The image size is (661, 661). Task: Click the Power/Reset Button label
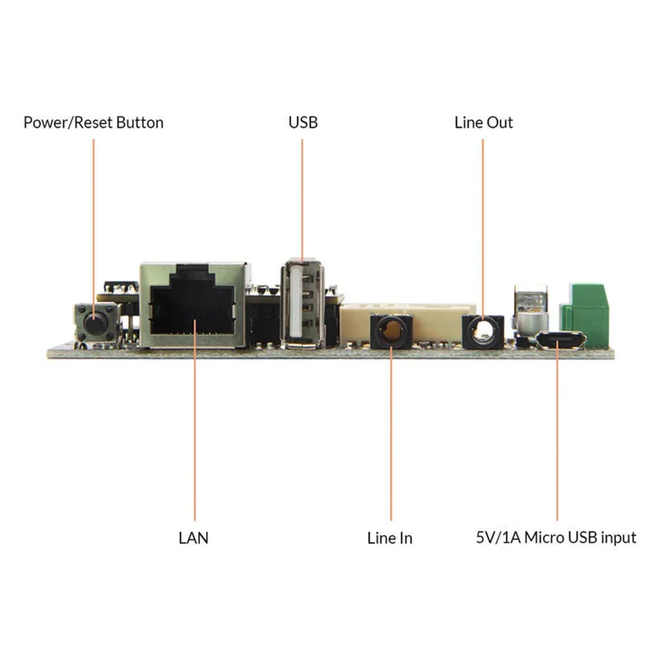click(x=94, y=123)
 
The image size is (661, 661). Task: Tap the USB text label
click(x=303, y=123)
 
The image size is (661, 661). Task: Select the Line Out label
click(x=484, y=123)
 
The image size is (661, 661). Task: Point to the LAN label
click(x=194, y=538)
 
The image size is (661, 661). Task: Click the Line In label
click(x=389, y=538)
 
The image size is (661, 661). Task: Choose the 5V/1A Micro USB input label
click(x=556, y=537)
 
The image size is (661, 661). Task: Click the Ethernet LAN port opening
click(x=192, y=309)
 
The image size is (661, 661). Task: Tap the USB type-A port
click(x=303, y=304)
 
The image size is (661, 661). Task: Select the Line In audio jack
click(x=391, y=331)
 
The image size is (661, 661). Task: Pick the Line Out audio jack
click(x=483, y=332)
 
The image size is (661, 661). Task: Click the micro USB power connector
click(x=561, y=340)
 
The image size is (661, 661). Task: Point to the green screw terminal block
click(x=585, y=314)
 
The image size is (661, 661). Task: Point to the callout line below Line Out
click(x=483, y=229)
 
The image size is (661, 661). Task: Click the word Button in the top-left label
click(x=140, y=123)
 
